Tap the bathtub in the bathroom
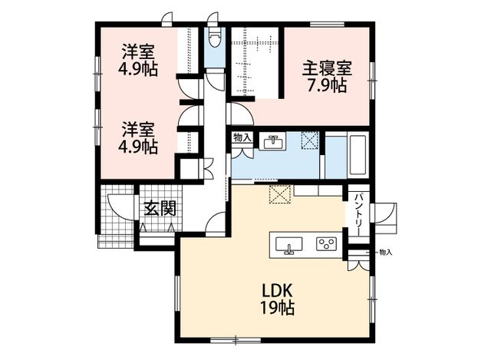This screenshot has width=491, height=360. pos(358,155)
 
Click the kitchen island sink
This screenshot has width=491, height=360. pos(288,246)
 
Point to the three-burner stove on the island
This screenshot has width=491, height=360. pos(326,244)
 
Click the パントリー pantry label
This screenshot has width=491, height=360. pos(359,214)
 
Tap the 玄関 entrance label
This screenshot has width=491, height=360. pos(160,208)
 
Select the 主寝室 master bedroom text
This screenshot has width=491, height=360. pos(327,68)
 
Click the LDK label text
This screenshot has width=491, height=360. pos(277,291)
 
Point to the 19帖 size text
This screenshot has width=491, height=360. pos(278,308)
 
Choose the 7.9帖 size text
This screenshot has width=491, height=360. pos(327,85)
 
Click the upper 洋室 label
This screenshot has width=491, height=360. pos(138,52)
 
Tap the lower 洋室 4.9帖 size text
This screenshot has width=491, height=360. pos(138,147)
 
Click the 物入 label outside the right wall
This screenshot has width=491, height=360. pos(385,252)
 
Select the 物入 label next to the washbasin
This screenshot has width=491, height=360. pos(242,137)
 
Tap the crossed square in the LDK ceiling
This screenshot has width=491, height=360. pos(280,194)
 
